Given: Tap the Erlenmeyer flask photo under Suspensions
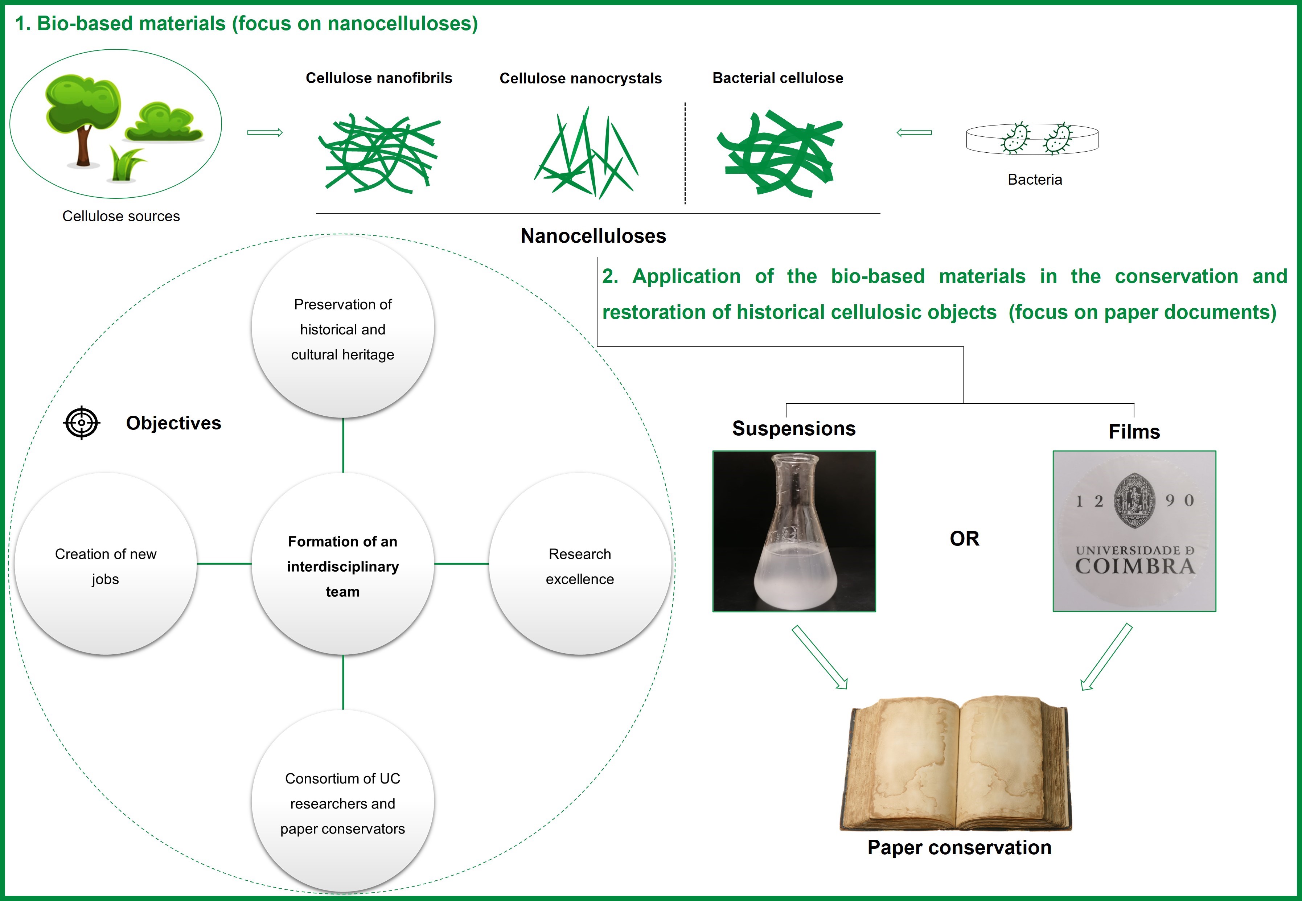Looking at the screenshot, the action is [x=794, y=531].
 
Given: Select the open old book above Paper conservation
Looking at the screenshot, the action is [x=956, y=763].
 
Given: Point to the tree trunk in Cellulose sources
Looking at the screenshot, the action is [x=83, y=147].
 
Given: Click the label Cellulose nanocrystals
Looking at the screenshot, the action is [x=580, y=78].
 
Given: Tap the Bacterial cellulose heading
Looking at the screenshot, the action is [x=777, y=78].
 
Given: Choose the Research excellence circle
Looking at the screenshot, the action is [x=580, y=563].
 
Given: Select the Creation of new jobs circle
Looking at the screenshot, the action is [x=106, y=563].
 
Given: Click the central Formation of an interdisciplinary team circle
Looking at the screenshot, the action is [x=343, y=563].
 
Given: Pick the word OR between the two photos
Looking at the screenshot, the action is [x=964, y=539].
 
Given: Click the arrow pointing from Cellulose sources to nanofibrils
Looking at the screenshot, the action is [x=265, y=133].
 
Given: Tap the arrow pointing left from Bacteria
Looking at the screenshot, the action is [x=914, y=133].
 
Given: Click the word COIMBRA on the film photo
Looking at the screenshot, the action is [x=1135, y=566].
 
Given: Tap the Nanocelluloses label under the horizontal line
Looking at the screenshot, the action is [x=594, y=236].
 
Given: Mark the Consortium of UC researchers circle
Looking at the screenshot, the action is [x=343, y=802].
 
